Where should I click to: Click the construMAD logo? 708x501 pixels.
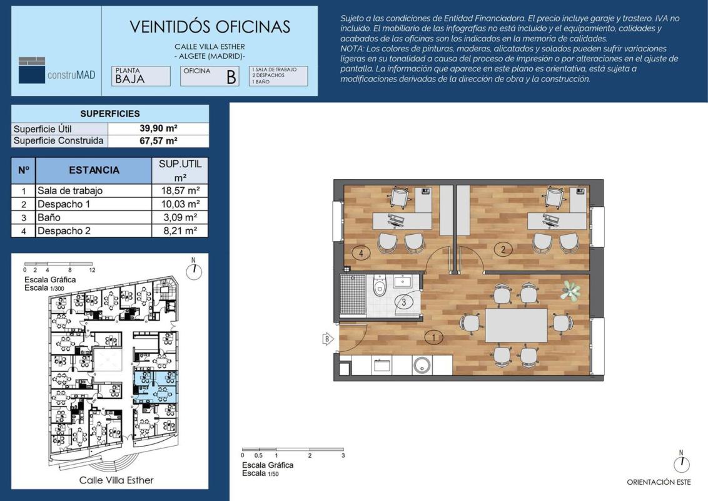point(57,70)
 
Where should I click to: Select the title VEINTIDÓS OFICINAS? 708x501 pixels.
point(210,27)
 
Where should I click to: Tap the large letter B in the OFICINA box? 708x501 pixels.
point(231,77)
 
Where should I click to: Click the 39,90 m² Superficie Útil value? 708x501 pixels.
point(158,128)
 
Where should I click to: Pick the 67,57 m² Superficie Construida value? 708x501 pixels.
point(158,141)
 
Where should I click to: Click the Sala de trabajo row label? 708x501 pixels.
point(70,190)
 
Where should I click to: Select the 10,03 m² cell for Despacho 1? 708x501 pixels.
point(181,204)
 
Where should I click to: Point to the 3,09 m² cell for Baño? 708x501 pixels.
point(181,217)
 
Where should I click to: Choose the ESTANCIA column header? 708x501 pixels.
point(94,170)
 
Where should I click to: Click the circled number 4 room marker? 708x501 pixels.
point(361,253)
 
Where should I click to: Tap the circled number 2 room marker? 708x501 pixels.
point(503,249)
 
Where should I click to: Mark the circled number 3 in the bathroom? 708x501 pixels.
point(404,302)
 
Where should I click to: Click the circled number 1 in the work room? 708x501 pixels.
point(434,337)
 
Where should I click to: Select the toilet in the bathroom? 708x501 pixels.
point(380,287)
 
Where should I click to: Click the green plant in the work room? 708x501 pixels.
point(571,291)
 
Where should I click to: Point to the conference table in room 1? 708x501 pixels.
point(516,326)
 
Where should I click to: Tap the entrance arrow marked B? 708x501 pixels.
point(327,339)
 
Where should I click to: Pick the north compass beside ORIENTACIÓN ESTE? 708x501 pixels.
point(682,463)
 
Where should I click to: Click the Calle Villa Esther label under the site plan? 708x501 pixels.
point(116,480)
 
